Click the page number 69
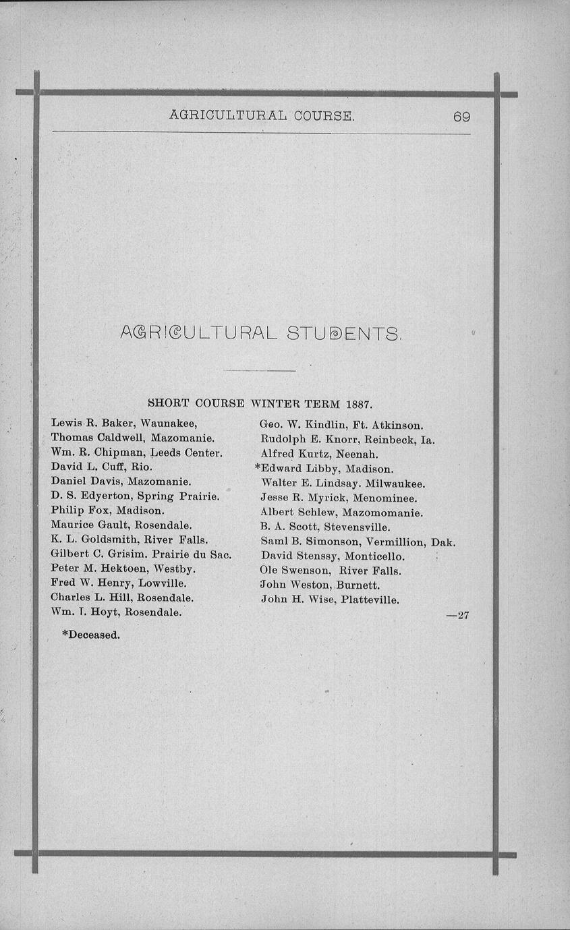pos(461,116)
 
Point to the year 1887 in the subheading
pos(359,405)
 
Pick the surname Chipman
pos(115,452)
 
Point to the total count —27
pos(458,615)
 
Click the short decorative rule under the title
pos(259,371)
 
